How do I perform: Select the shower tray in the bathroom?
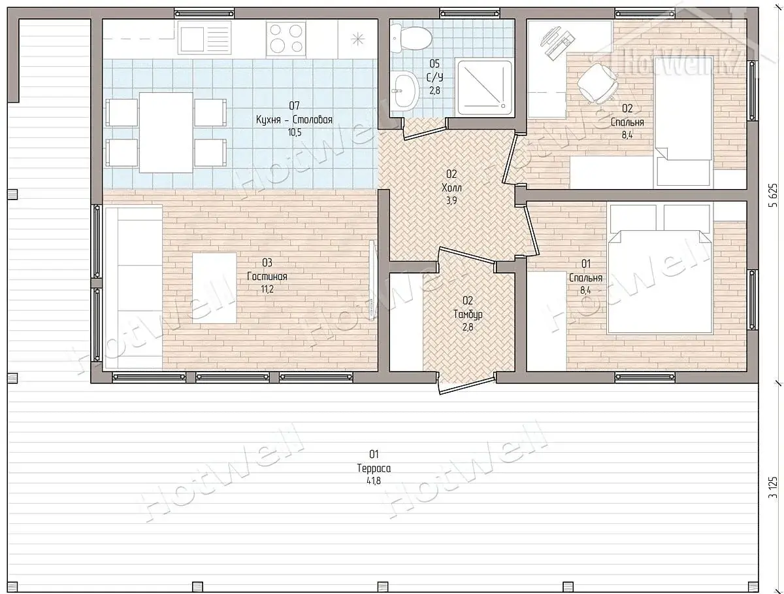pyautogui.click(x=485, y=87)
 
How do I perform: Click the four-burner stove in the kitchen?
pyautogui.click(x=286, y=39)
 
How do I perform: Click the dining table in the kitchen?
pyautogui.click(x=166, y=133)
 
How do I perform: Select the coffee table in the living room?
pyautogui.click(x=214, y=288)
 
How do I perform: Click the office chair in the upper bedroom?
pyautogui.click(x=597, y=82)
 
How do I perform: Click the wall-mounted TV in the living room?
pyautogui.click(x=372, y=281)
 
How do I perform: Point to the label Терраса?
pyautogui.click(x=374, y=468)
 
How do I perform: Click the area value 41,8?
pyautogui.click(x=374, y=481)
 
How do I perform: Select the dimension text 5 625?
pyautogui.click(x=773, y=195)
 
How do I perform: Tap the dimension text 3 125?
pyautogui.click(x=773, y=487)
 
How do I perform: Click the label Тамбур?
pyautogui.click(x=468, y=315)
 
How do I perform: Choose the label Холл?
pyautogui.click(x=451, y=187)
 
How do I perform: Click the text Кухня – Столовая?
pyautogui.click(x=294, y=120)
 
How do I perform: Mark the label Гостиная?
pyautogui.click(x=267, y=277)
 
